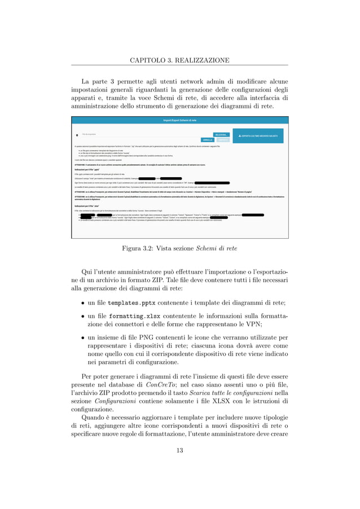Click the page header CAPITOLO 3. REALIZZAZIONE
pos(179,60)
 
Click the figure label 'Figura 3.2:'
pos(138,247)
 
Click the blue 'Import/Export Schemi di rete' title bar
pos(179,120)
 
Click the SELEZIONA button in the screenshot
pos(221,135)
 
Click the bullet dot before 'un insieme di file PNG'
pos(84,337)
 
